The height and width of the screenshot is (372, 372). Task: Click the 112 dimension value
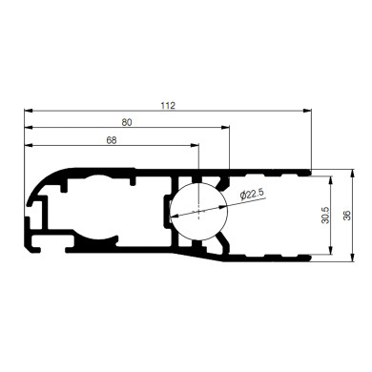169,105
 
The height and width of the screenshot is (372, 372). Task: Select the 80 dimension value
127,122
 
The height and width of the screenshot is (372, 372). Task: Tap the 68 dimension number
112,140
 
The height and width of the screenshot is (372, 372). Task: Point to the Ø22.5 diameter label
252,195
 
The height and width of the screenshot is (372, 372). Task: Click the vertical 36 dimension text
348,217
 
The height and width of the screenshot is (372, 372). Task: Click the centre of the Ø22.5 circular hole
198,211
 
